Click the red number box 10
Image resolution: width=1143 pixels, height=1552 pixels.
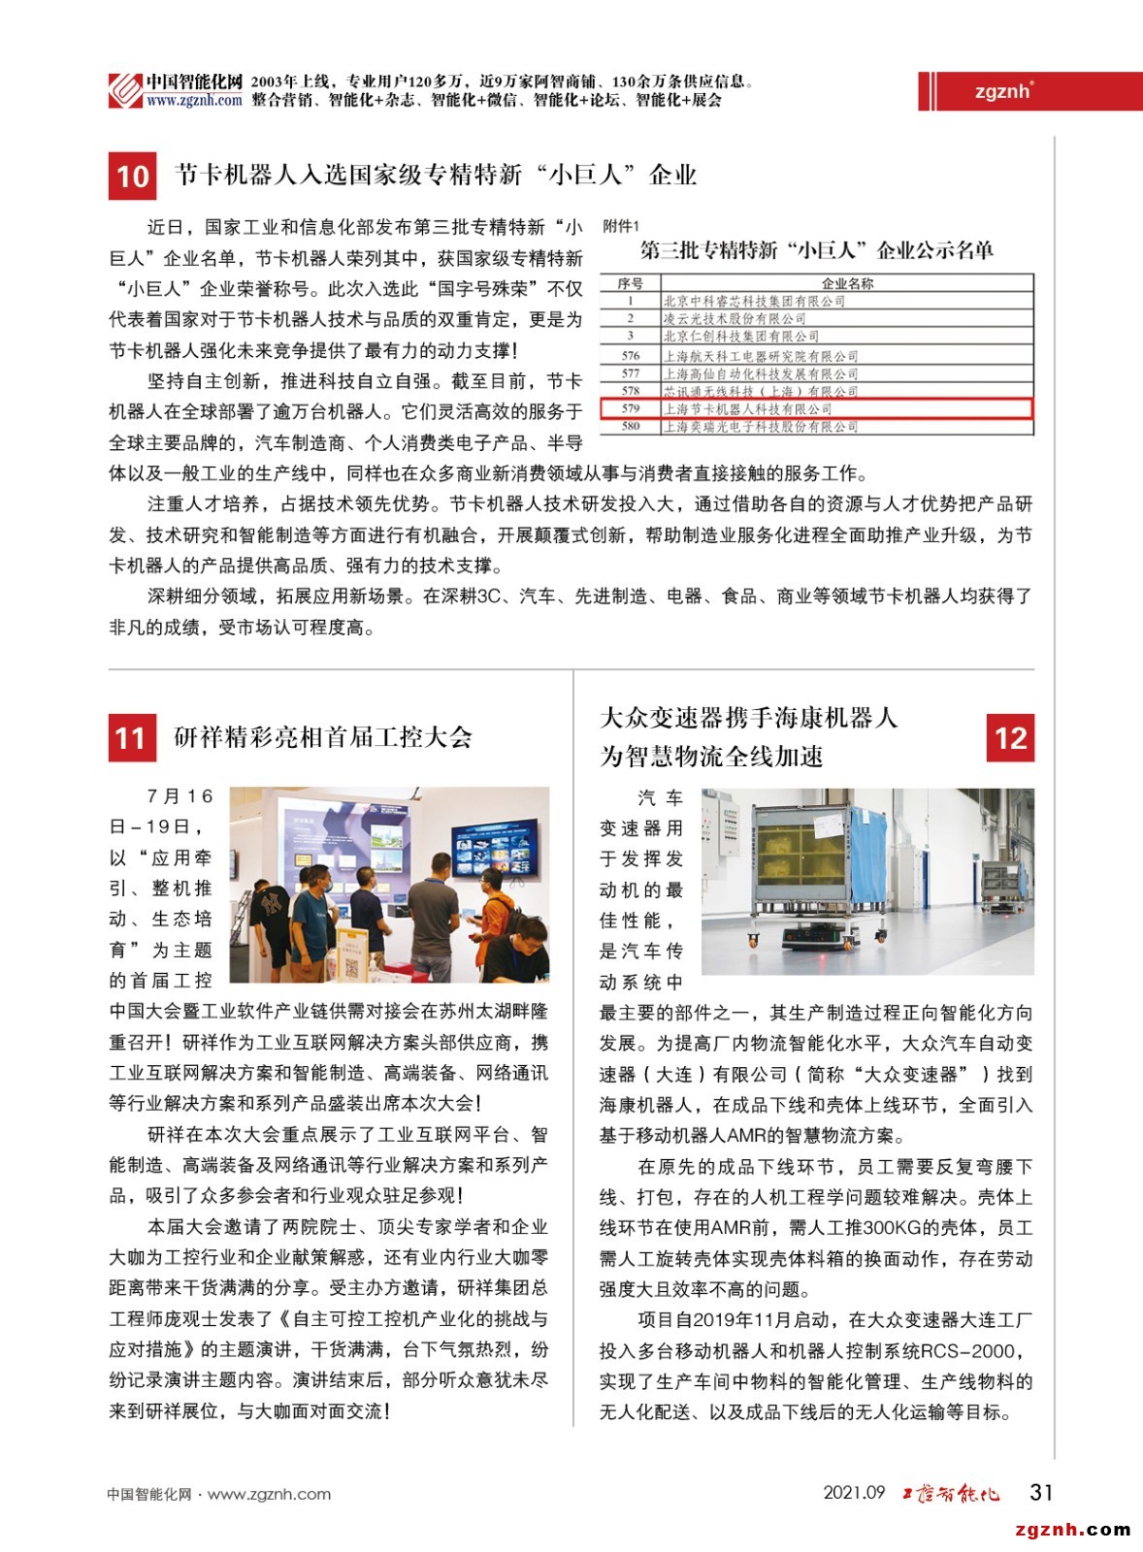point(132,176)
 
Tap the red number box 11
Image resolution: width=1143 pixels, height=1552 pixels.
point(132,738)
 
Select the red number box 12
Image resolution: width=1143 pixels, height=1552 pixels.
point(1010,738)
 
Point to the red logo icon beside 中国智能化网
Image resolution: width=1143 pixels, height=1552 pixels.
point(125,91)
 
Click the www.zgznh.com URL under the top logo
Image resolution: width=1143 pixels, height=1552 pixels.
point(194,101)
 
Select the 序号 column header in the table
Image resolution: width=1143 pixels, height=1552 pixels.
point(631,283)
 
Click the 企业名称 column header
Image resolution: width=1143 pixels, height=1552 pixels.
point(847,283)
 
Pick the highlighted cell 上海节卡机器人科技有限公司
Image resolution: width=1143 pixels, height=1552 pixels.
point(747,409)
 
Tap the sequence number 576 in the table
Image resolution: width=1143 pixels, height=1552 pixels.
point(631,356)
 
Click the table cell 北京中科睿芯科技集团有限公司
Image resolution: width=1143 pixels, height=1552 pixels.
point(754,302)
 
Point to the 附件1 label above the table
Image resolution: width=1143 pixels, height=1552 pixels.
point(621,226)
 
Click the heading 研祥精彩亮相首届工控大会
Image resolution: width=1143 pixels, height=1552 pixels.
point(323,737)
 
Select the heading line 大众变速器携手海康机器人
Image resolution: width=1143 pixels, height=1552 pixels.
point(749,718)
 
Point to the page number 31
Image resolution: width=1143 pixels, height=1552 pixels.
point(1041,1492)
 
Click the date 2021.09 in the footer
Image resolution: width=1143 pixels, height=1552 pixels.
point(854,1493)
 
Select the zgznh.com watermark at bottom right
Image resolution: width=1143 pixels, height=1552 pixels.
point(1072,1530)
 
